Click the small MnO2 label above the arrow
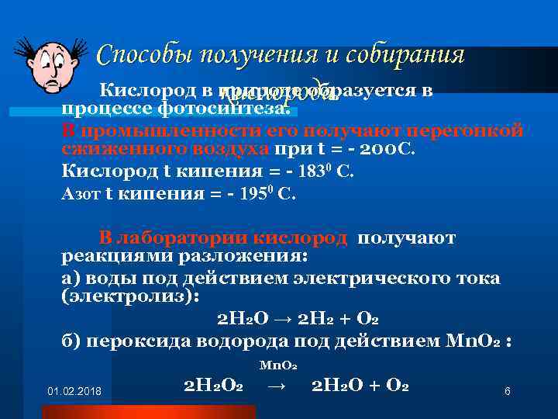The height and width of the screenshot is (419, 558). point(274,365)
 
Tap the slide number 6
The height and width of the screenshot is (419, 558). point(507,391)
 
